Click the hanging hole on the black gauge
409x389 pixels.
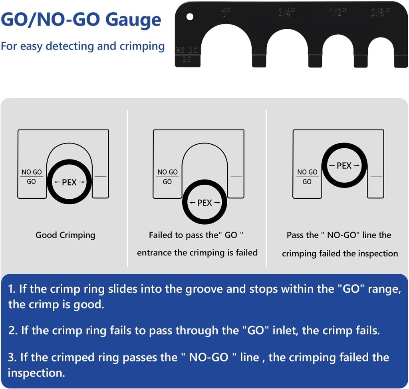click(x=190, y=17)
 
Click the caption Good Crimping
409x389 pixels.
click(x=66, y=235)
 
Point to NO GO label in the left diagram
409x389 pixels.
click(x=32, y=172)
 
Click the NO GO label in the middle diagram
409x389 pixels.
click(x=167, y=172)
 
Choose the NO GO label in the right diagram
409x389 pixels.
click(x=307, y=172)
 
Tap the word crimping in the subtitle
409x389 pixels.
click(x=142, y=46)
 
